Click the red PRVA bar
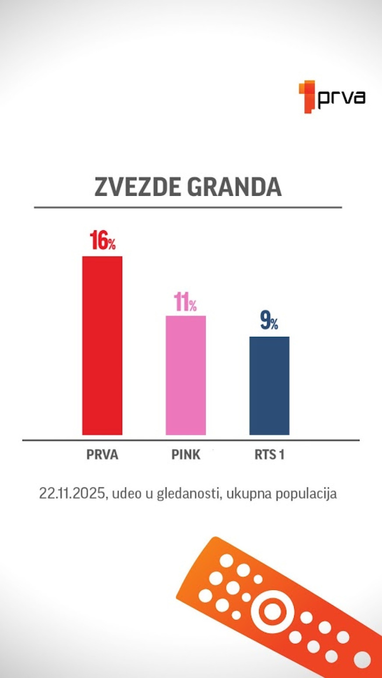[102, 345]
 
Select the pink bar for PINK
[185, 375]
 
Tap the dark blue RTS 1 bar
[269, 385]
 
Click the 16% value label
[103, 241]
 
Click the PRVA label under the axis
[102, 455]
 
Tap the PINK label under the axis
[186, 455]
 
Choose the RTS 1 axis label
[269, 455]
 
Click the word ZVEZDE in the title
[138, 187]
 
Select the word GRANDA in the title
[234, 187]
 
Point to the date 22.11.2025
[72, 493]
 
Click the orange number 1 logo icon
[308, 97]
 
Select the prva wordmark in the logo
[341, 98]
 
